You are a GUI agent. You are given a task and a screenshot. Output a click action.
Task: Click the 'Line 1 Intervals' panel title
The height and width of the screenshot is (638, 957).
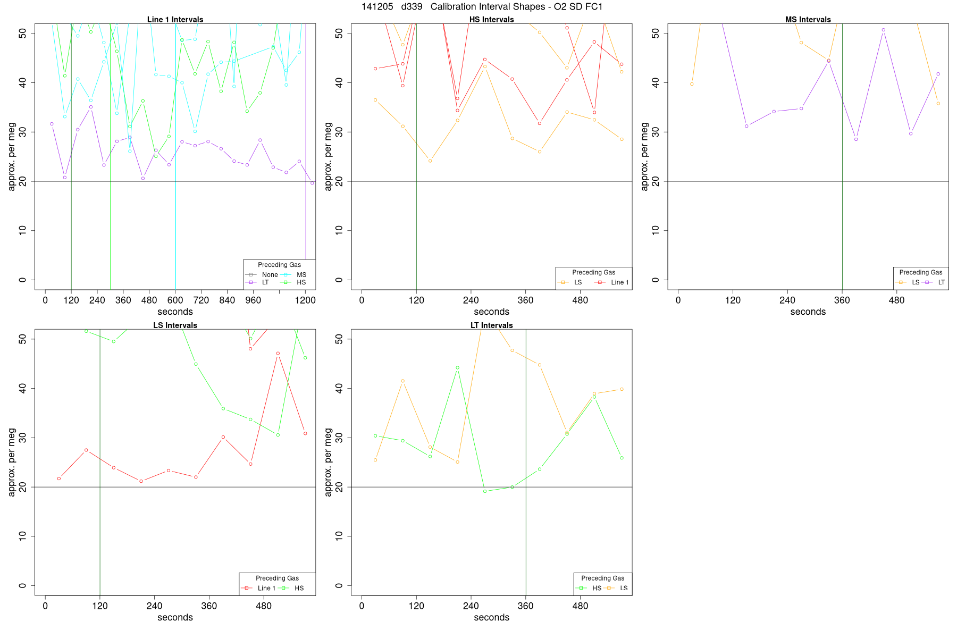(175, 20)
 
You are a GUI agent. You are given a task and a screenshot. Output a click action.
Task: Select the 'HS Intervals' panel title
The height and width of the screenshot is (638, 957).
(491, 20)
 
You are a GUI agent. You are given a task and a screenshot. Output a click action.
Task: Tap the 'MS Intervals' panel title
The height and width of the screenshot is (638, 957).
(808, 20)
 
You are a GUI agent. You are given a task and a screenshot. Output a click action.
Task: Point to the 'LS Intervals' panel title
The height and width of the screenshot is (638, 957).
(175, 325)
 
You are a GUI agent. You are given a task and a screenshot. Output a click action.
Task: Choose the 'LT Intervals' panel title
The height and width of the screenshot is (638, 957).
(491, 325)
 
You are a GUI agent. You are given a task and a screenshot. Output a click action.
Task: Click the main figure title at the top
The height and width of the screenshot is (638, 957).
(482, 7)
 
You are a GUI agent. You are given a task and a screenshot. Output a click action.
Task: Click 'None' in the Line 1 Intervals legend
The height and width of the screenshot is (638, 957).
(270, 275)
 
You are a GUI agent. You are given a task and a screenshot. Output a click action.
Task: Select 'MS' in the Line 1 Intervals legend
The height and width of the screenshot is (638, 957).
(301, 275)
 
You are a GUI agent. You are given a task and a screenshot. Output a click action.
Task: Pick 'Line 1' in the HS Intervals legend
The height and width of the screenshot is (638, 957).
(619, 282)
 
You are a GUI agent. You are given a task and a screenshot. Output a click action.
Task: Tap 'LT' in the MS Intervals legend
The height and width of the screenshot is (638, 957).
(941, 282)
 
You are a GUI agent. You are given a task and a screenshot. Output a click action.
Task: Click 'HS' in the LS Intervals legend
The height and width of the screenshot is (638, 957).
(299, 588)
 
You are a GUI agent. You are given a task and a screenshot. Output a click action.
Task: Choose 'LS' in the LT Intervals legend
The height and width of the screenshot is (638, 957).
(624, 588)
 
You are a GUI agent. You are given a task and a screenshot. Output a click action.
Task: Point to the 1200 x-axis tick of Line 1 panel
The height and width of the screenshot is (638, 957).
(305, 300)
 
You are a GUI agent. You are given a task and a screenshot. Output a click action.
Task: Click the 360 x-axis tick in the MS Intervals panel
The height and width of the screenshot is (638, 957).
(842, 300)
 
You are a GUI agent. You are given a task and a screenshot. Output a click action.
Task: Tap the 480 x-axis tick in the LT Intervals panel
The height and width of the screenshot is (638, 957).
(580, 606)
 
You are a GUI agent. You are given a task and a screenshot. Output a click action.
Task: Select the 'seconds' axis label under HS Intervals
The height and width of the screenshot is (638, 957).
(491, 312)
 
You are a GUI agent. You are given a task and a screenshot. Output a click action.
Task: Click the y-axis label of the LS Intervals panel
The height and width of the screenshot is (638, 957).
(12, 462)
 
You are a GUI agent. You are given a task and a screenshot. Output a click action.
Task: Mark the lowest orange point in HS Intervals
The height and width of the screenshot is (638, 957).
(430, 161)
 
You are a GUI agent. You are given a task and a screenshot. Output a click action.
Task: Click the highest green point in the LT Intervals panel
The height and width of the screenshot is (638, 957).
(457, 367)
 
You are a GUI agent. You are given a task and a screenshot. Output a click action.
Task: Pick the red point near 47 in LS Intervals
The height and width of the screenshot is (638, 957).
(278, 354)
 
